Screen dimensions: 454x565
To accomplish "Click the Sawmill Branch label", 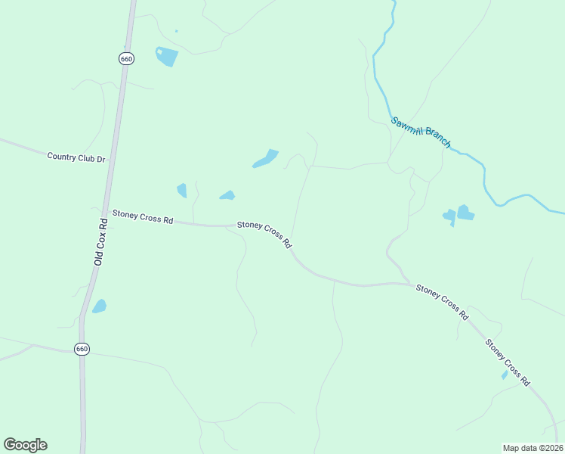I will (x=421, y=132).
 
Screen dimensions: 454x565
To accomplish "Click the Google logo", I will (x=25, y=445).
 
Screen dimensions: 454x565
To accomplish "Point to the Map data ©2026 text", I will (x=533, y=447).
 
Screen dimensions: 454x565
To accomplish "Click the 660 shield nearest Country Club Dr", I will (x=126, y=58).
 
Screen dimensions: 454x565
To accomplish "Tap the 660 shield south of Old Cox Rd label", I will (x=82, y=349).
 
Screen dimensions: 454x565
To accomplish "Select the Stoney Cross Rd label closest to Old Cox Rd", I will (x=143, y=217).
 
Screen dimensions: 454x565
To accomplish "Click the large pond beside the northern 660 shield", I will (x=166, y=56).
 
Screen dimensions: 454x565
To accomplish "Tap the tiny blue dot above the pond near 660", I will (x=176, y=31).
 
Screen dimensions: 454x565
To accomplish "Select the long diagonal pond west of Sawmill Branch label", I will (x=265, y=159).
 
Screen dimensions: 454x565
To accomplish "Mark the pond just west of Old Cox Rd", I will (x=99, y=306).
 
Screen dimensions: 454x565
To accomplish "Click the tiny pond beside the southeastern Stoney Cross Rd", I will (x=505, y=375).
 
